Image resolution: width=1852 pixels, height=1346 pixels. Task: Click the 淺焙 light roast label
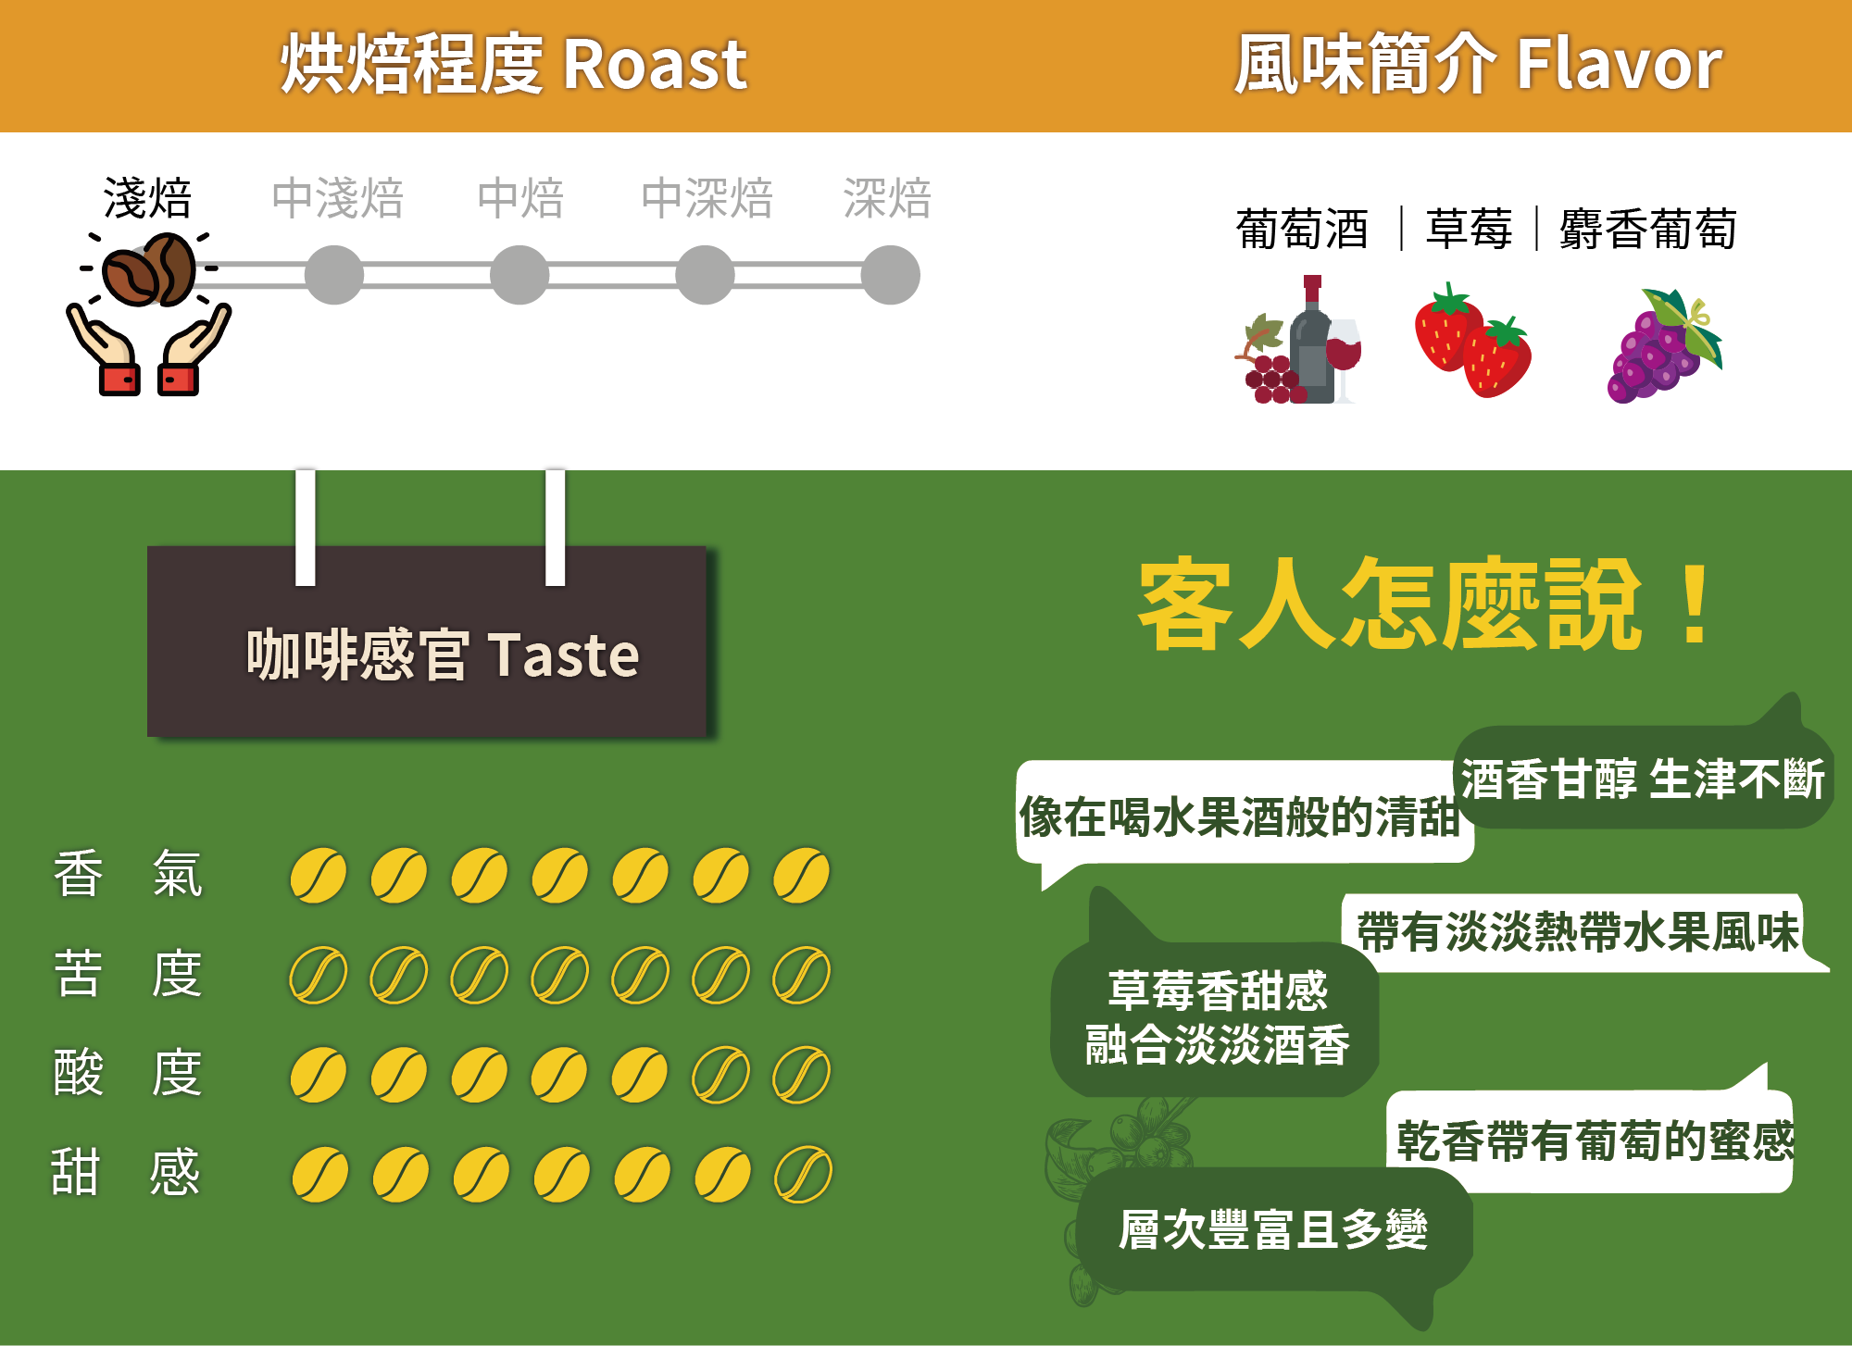coord(147,199)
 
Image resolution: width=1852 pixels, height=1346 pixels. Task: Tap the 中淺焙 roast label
coord(337,199)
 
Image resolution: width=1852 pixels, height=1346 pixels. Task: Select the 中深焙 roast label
coord(707,199)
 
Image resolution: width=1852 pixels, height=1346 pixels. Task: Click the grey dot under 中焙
coord(519,275)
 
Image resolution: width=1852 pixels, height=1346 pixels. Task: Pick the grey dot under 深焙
coord(890,275)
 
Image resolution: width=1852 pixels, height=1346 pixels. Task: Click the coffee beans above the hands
coord(150,270)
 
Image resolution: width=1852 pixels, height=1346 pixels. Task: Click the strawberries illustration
coord(1472,341)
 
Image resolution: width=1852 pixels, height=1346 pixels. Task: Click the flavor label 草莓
coord(1469,230)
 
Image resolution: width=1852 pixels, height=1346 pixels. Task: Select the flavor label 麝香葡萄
coord(1647,230)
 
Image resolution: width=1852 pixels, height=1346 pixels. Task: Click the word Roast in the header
coord(654,65)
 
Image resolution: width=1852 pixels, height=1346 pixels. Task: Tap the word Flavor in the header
coord(1619,65)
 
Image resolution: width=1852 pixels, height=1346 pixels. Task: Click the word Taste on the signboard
coord(563,655)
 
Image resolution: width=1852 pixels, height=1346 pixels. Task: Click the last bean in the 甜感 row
coord(803,1174)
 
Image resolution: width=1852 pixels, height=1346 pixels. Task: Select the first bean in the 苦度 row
coord(318,975)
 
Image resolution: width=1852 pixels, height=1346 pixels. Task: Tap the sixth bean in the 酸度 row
coord(721,1075)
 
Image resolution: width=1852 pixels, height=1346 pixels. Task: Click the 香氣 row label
coord(128,874)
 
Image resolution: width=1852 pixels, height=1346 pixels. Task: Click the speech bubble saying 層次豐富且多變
coord(1273,1230)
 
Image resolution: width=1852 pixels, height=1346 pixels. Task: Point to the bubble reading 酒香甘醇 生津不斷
coord(1642,779)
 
